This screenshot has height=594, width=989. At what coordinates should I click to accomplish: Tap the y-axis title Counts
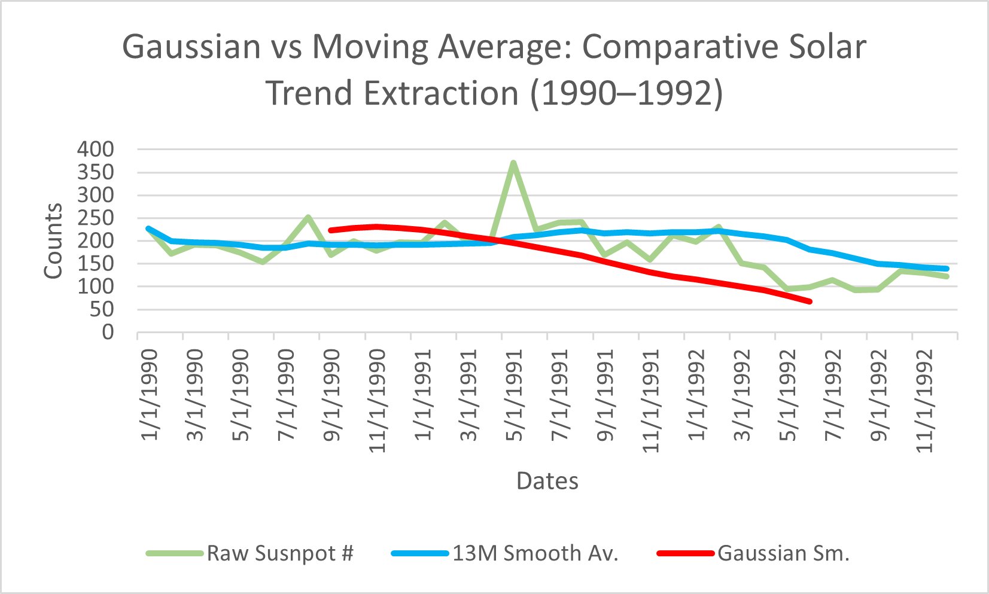pos(53,240)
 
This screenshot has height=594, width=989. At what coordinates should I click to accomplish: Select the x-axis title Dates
pos(547,481)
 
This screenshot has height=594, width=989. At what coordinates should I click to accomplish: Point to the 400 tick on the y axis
pos(95,150)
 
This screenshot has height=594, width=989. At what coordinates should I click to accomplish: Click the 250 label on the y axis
pos(95,218)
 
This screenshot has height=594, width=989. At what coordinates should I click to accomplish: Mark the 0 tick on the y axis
pos(108,332)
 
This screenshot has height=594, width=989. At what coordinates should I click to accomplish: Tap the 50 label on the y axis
pos(101,309)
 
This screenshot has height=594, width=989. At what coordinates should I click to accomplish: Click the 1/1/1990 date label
pos(150,395)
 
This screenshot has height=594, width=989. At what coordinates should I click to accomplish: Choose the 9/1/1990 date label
pos(332,395)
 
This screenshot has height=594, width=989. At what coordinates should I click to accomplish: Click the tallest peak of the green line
pos(513,163)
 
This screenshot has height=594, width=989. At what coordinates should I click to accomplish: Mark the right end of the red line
pos(810,301)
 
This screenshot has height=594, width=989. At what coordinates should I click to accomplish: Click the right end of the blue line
pos(947,269)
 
